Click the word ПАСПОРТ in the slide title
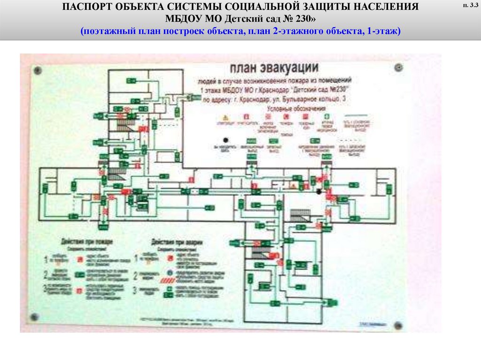(x=88, y=8)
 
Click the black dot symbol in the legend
(x=226, y=140)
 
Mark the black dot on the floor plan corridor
(x=319, y=191)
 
